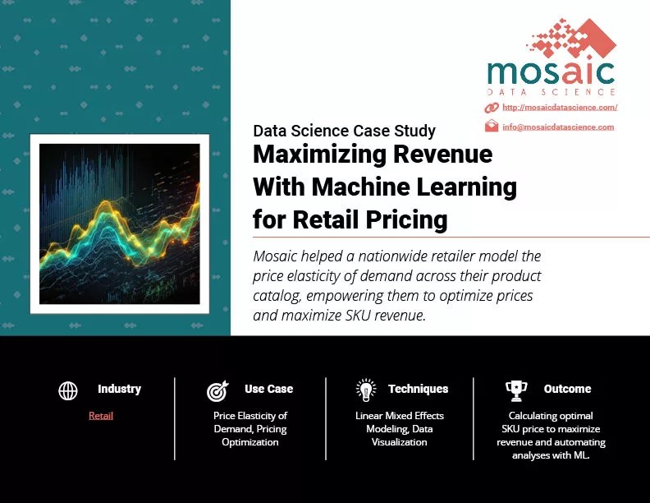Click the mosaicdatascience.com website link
click(559, 108)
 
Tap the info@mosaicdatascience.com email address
click(558, 127)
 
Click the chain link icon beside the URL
click(492, 108)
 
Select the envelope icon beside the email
click(492, 126)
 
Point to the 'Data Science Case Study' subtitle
click(345, 131)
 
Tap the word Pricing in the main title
click(402, 219)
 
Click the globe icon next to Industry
click(68, 390)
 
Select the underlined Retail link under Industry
click(101, 416)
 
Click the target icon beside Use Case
click(218, 390)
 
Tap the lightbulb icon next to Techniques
click(366, 390)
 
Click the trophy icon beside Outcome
click(516, 390)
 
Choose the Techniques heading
click(418, 389)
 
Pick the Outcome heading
click(567, 389)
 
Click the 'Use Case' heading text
click(268, 389)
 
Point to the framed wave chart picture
click(120, 224)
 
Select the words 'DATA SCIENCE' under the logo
click(551, 91)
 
